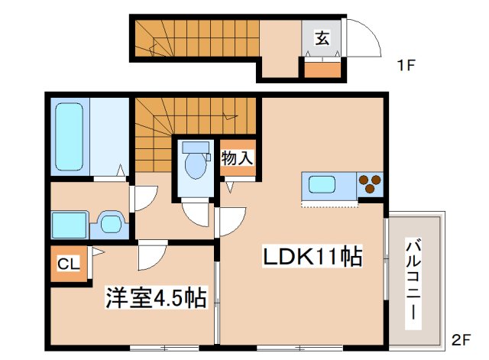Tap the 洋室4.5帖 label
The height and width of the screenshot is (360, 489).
pos(155,297)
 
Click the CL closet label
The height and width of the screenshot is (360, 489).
pos(67,264)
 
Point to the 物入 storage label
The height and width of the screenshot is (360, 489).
pos(236,158)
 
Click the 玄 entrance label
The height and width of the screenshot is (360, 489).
pos(322,37)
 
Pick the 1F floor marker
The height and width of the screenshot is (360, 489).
pos(406,66)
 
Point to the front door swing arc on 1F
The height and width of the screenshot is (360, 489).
pos(365,38)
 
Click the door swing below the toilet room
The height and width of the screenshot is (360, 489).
pos(196,213)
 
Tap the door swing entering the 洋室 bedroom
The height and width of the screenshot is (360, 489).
pos(151,255)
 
